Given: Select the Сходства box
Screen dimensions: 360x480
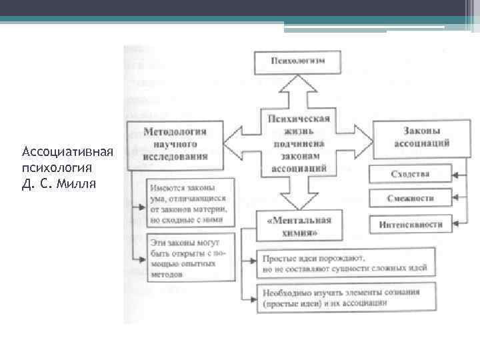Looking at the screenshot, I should [x=410, y=174].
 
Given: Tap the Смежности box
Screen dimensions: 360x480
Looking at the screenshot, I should [x=410, y=198].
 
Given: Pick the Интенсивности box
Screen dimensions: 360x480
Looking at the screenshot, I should [x=410, y=224].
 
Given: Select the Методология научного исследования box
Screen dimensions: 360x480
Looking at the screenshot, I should [x=175, y=143].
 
